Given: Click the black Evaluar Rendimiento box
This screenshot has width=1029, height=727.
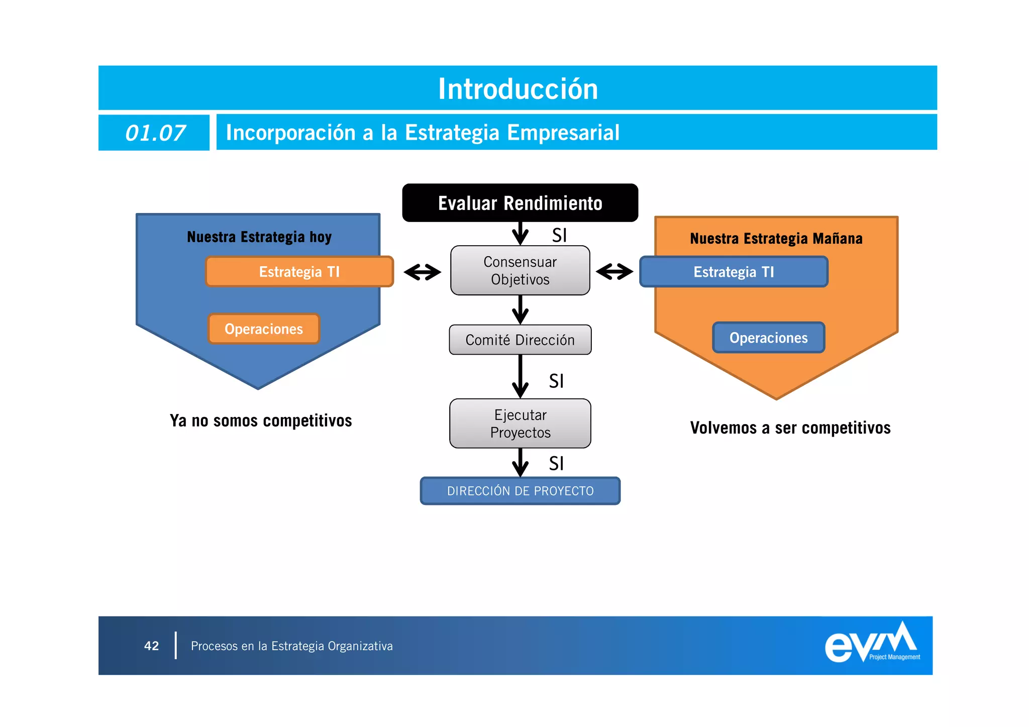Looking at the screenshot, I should [520, 203].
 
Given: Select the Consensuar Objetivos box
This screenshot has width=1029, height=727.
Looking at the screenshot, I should [520, 270].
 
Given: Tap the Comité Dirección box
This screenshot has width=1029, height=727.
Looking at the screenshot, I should [520, 340].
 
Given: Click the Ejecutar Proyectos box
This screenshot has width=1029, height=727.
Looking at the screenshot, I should [520, 424].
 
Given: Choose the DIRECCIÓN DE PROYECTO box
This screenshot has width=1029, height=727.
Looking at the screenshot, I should [520, 491].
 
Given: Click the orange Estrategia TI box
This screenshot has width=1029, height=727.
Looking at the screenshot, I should [299, 272].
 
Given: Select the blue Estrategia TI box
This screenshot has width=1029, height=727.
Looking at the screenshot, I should [734, 272].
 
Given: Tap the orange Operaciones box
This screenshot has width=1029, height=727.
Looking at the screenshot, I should [264, 329].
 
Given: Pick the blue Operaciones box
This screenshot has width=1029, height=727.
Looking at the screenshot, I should [769, 338].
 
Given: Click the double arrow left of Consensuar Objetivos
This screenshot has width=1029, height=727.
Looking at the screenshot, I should [422, 272].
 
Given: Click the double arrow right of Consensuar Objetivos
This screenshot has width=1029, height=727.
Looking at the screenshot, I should [614, 272].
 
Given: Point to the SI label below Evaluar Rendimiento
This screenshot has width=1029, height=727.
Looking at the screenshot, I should [559, 235].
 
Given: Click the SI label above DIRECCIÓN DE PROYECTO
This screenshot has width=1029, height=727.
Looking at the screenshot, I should [556, 463].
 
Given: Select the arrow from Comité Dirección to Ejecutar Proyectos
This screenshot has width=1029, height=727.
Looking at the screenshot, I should [520, 377].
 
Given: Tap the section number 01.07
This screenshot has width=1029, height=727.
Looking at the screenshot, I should [155, 133].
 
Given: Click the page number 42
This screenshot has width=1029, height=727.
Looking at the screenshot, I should [151, 646].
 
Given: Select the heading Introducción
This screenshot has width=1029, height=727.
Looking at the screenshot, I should [518, 89].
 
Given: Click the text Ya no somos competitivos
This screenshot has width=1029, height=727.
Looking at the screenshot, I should [261, 421].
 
